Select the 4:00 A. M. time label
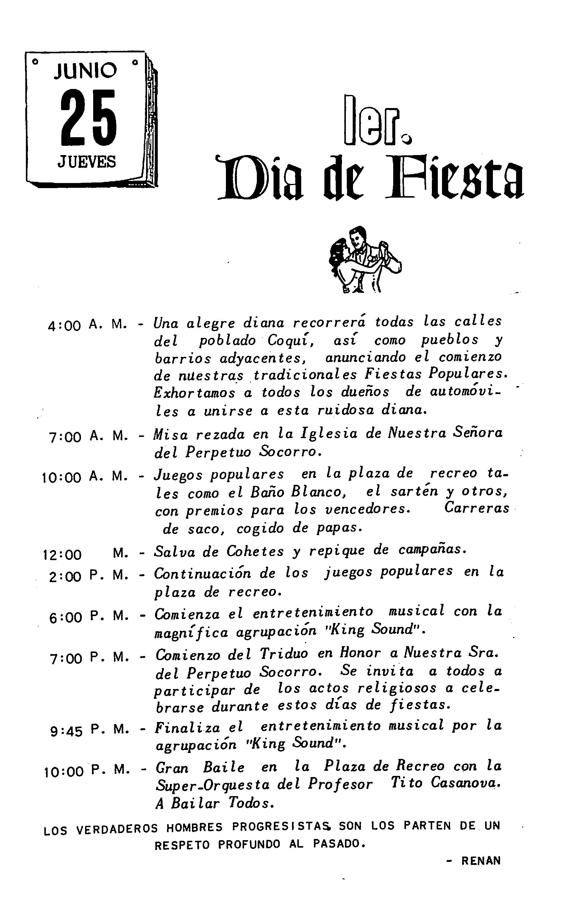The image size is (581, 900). tap(87, 325)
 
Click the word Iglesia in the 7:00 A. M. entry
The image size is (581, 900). tap(329, 434)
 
